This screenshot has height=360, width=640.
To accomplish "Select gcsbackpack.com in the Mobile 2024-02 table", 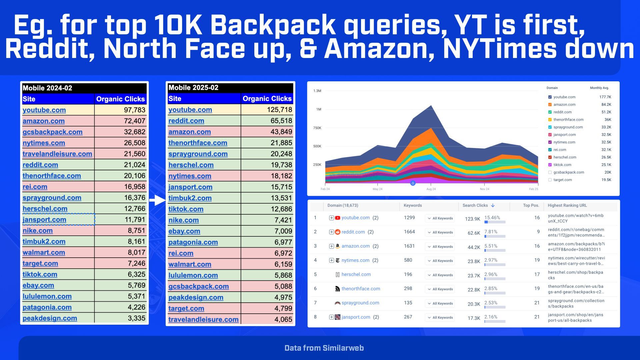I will click(52, 132).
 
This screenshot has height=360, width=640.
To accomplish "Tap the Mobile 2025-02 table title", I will click(193, 88).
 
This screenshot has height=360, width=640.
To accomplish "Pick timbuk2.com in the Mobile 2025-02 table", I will click(190, 198).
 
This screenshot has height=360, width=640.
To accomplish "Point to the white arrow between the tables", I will click(157, 200).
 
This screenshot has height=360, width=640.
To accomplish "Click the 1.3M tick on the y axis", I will click(317, 91).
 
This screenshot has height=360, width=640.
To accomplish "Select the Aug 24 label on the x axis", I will click(431, 189).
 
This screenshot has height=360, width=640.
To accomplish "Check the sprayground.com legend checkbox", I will click(550, 127).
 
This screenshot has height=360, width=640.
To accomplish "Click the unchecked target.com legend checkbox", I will click(550, 180).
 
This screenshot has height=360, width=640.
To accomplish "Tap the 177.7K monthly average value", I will click(605, 97).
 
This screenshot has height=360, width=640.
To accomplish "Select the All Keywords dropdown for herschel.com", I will click(440, 275).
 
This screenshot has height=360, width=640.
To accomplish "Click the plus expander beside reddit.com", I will click(331, 232).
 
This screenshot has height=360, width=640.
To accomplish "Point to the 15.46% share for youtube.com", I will click(492, 218).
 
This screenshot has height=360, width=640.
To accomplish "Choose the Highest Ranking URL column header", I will click(567, 205).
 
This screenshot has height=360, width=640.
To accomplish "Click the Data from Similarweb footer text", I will click(324, 348).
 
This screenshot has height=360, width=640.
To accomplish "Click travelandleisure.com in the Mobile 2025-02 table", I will click(203, 319).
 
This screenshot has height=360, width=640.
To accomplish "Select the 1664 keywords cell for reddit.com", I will click(409, 232).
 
